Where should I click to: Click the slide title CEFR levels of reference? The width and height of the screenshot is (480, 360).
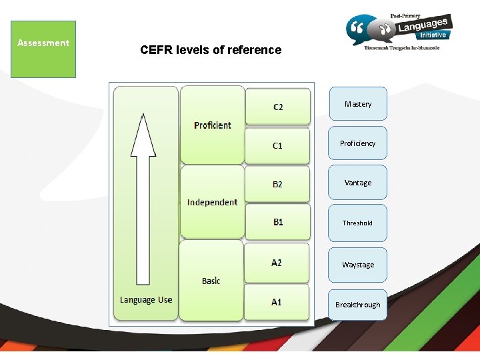tap(211, 50)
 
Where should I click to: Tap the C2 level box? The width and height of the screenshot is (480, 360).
tap(277, 106)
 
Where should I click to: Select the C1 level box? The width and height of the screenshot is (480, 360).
tap(277, 145)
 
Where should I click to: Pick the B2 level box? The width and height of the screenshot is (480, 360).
tap(277, 184)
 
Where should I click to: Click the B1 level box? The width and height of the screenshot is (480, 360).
tap(277, 222)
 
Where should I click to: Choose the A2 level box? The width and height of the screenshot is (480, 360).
tap(277, 263)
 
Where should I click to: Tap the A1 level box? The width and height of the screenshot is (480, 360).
tap(277, 302)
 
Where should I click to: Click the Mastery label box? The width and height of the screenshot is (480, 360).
tap(357, 104)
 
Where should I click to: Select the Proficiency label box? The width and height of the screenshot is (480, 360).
tap(357, 143)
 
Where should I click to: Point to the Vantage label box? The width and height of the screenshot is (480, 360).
tap(357, 183)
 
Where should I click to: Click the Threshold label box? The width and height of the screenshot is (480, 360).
tap(357, 223)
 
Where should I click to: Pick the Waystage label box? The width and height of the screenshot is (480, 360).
tap(357, 265)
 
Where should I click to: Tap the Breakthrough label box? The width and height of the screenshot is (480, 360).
tap(357, 305)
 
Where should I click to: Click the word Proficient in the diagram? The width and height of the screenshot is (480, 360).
tap(213, 125)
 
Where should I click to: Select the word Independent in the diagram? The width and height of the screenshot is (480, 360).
tap(212, 202)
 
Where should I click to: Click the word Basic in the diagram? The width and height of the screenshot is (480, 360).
tap(211, 281)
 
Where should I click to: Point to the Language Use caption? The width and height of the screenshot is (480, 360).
tap(146, 300)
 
